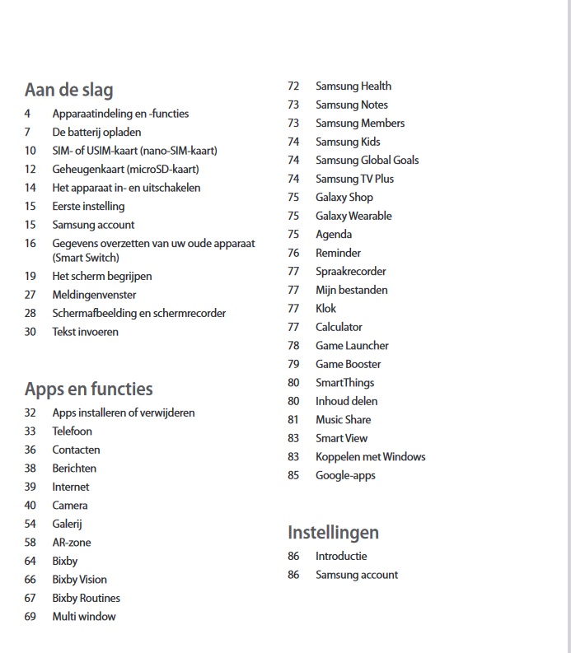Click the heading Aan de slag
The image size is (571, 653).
(x=68, y=90)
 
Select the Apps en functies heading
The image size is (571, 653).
(x=88, y=389)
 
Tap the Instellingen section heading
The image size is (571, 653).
(x=333, y=532)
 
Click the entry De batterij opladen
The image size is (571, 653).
(x=96, y=132)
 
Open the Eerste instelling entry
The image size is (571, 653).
(x=88, y=206)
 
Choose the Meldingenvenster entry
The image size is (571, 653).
(x=94, y=295)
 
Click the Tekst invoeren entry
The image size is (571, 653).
(x=85, y=332)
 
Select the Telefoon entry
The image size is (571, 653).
(x=72, y=431)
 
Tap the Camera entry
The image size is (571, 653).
(x=69, y=506)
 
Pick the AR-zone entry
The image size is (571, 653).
(x=72, y=543)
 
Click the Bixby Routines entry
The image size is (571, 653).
(x=86, y=598)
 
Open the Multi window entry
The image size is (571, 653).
(x=84, y=617)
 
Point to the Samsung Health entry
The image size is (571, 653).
(x=353, y=86)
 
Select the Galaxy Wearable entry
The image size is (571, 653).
(x=353, y=216)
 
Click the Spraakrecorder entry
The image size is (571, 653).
(x=350, y=271)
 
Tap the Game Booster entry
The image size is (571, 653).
(x=348, y=364)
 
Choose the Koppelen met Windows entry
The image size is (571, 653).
(x=370, y=456)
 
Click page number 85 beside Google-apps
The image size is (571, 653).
(x=293, y=475)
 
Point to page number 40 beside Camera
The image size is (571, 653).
(x=30, y=506)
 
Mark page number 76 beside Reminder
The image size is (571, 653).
(x=293, y=253)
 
